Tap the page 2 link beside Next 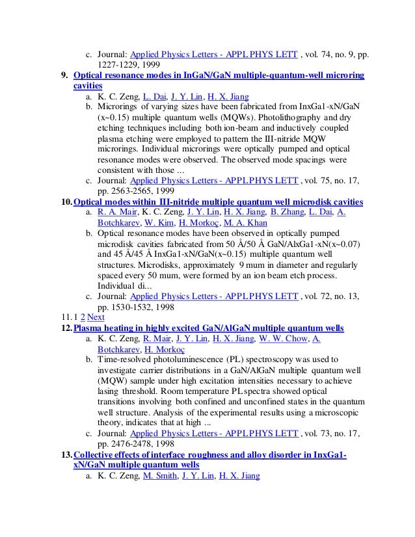tap(83, 317)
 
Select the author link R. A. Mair tap(114, 213)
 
